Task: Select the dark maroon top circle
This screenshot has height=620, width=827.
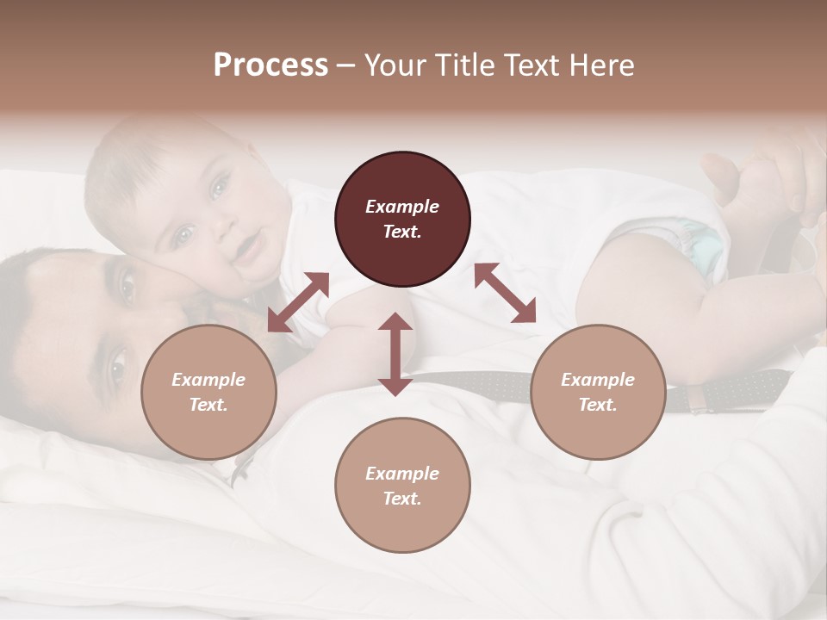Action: click(x=402, y=219)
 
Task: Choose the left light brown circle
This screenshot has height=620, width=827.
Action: click(x=208, y=392)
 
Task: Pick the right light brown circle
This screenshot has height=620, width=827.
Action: click(x=598, y=392)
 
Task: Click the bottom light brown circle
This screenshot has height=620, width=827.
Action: click(x=402, y=485)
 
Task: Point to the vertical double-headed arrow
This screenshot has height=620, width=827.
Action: click(x=395, y=354)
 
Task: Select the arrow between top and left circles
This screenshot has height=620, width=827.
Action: click(x=298, y=301)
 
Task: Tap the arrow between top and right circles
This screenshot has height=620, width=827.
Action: click(x=505, y=293)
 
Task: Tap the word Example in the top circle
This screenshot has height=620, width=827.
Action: click(x=402, y=207)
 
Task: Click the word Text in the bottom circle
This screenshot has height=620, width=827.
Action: click(x=402, y=499)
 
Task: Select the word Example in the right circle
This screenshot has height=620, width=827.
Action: click(x=598, y=380)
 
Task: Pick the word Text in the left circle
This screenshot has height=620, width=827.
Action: click(x=208, y=405)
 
